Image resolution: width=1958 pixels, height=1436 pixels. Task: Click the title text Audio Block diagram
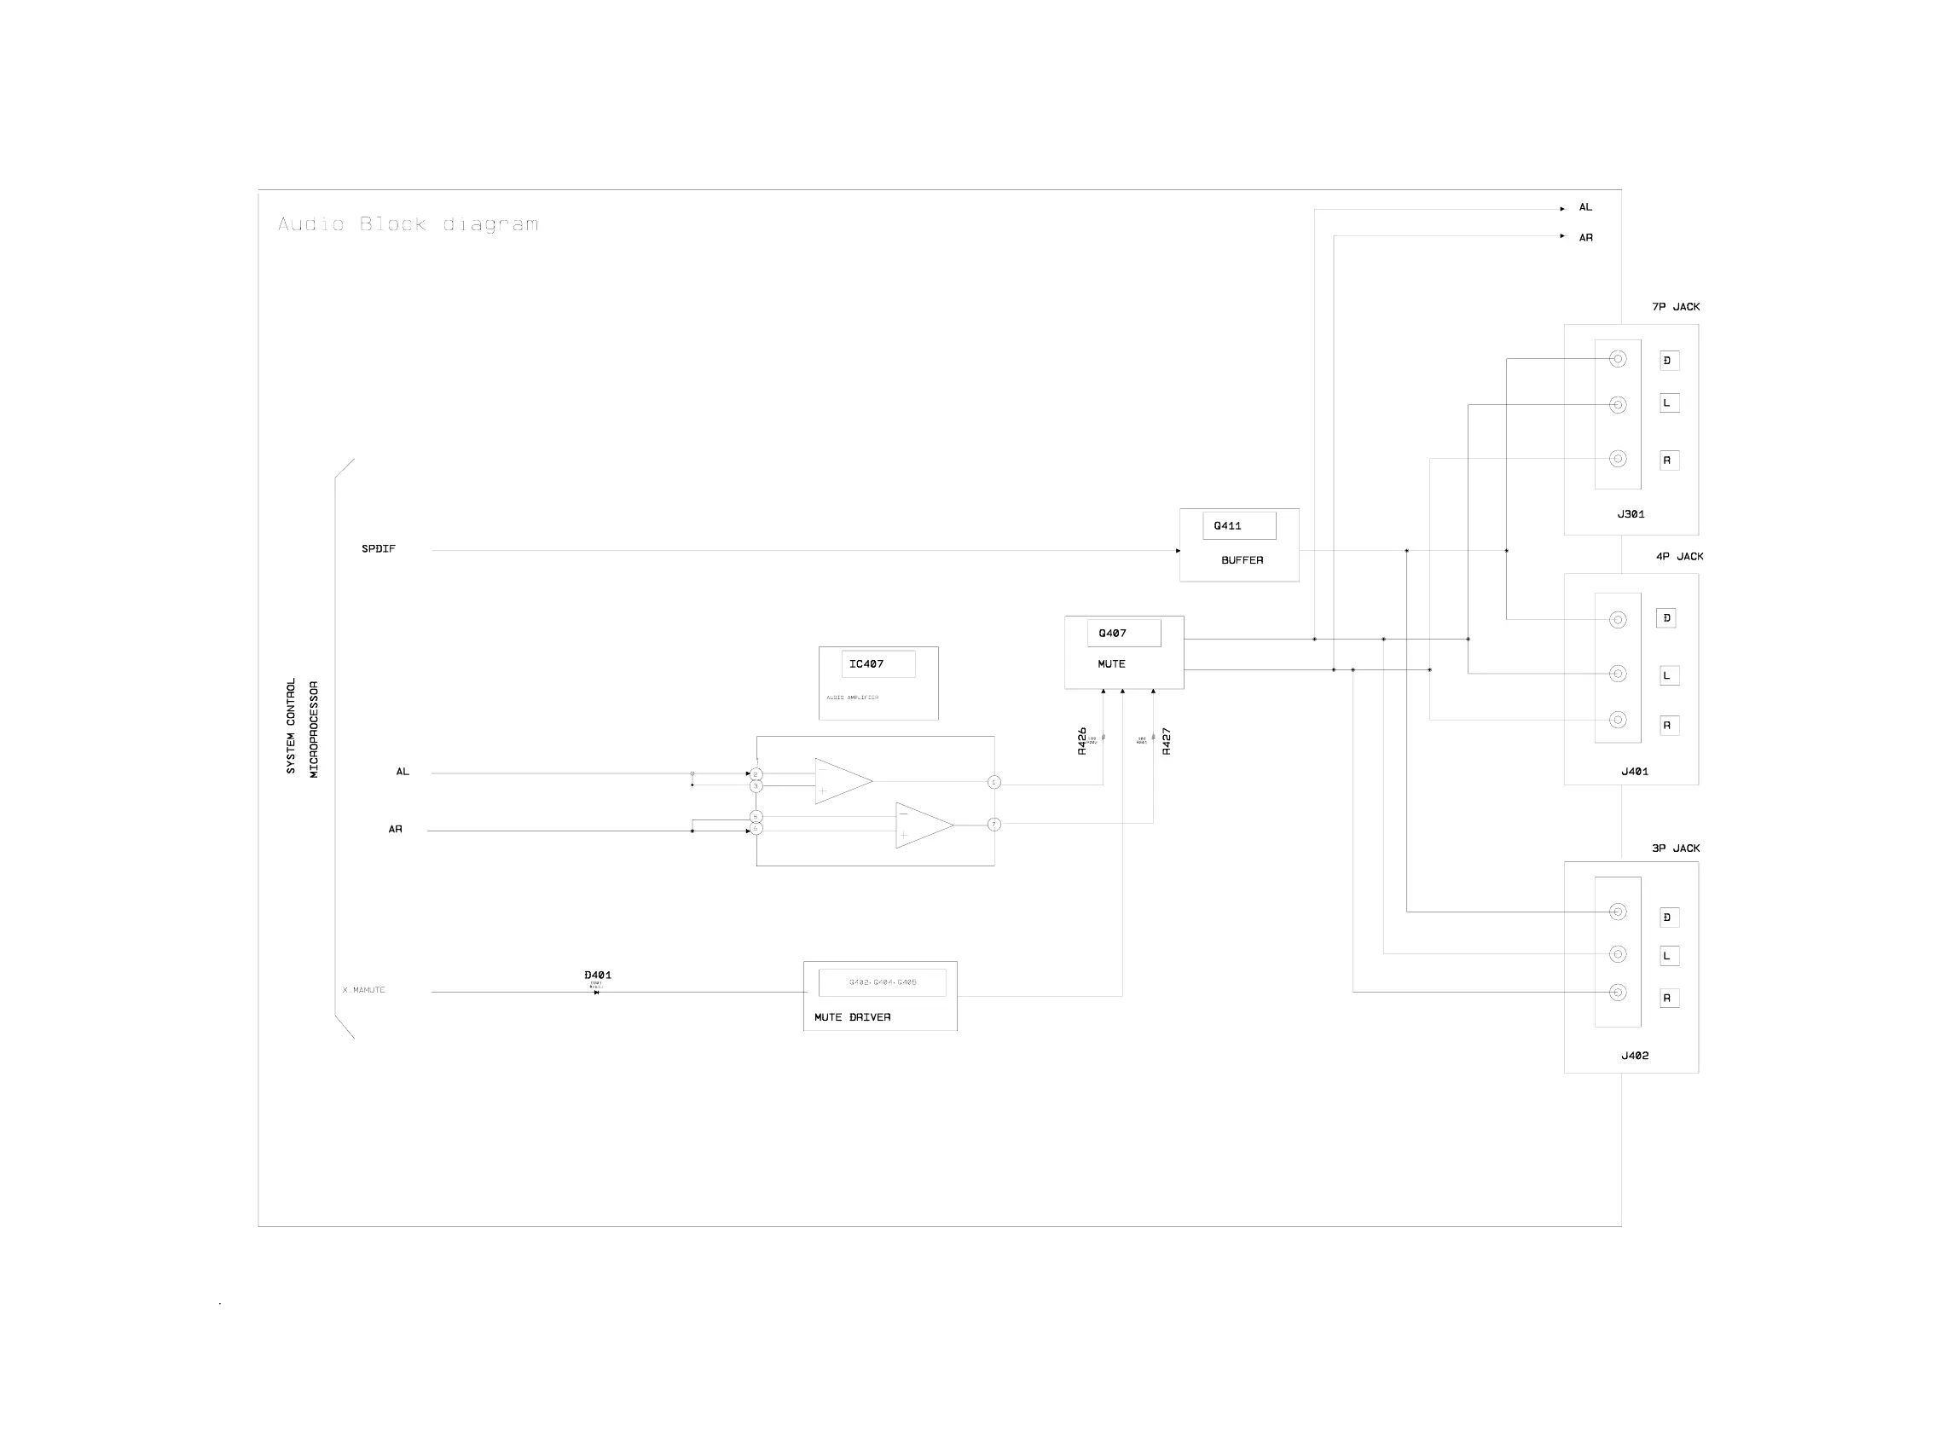[408, 224]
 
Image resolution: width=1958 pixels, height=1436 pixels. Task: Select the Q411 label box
[1238, 526]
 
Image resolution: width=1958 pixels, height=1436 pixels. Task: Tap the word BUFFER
[1241, 560]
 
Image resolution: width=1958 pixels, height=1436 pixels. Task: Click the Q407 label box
[1123, 634]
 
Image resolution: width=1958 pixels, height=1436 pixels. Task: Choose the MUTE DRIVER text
[852, 1017]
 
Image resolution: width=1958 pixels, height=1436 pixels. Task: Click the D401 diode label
[597, 976]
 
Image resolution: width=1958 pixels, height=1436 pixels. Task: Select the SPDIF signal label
[378, 549]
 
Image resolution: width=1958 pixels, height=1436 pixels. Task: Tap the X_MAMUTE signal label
[363, 990]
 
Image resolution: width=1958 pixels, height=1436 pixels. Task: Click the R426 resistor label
[1081, 741]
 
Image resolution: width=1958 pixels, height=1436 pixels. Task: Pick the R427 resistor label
[1167, 742]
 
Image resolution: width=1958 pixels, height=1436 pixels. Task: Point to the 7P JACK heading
[1675, 307]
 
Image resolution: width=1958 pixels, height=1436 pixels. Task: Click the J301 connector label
[1631, 514]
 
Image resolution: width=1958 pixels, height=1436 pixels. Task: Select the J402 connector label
[1634, 1057]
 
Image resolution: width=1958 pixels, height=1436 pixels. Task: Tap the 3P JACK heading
[1675, 848]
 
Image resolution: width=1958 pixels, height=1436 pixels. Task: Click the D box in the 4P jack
[1666, 618]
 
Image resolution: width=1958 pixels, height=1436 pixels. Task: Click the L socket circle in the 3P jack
[1618, 954]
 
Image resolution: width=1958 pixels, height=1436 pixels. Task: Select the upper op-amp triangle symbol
[841, 780]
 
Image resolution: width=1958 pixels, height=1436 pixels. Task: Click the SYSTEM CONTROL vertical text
[291, 726]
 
